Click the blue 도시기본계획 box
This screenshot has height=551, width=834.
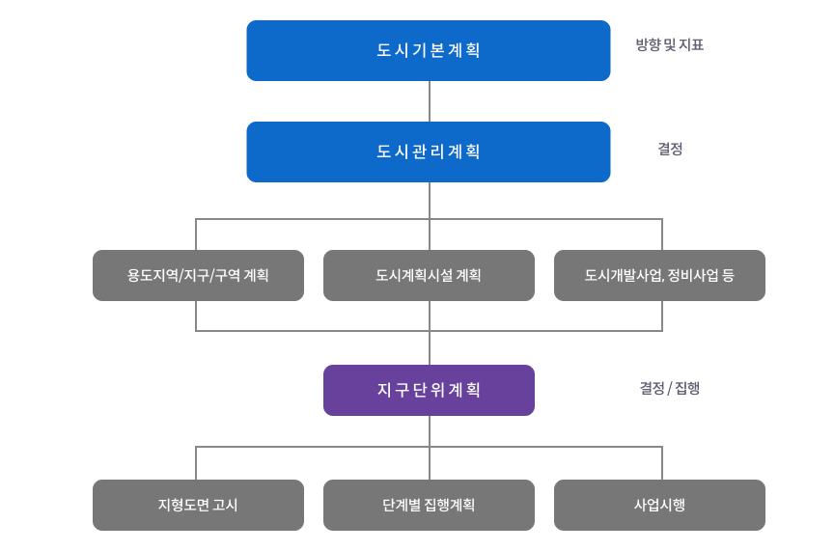click(x=428, y=50)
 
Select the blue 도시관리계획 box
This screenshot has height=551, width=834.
click(x=428, y=152)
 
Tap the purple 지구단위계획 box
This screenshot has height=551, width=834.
click(x=428, y=390)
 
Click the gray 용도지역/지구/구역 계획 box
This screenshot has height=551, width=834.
click(x=198, y=275)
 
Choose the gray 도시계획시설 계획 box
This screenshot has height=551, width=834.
click(x=428, y=275)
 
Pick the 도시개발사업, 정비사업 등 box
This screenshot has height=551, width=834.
click(x=659, y=275)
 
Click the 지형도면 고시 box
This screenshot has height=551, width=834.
click(x=198, y=505)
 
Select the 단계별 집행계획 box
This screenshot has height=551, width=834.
click(x=428, y=505)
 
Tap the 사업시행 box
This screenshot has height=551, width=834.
click(x=659, y=505)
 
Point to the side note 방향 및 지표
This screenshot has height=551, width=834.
click(x=669, y=44)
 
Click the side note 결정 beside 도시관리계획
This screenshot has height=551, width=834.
click(x=670, y=149)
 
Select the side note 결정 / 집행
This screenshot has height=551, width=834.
click(x=669, y=388)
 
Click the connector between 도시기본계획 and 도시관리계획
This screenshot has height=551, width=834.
click(x=430, y=101)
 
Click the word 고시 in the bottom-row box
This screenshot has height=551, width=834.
click(x=225, y=505)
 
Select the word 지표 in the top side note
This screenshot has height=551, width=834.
click(x=691, y=44)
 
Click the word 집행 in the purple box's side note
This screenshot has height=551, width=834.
click(x=687, y=388)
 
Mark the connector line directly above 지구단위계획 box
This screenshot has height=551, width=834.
click(x=430, y=348)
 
